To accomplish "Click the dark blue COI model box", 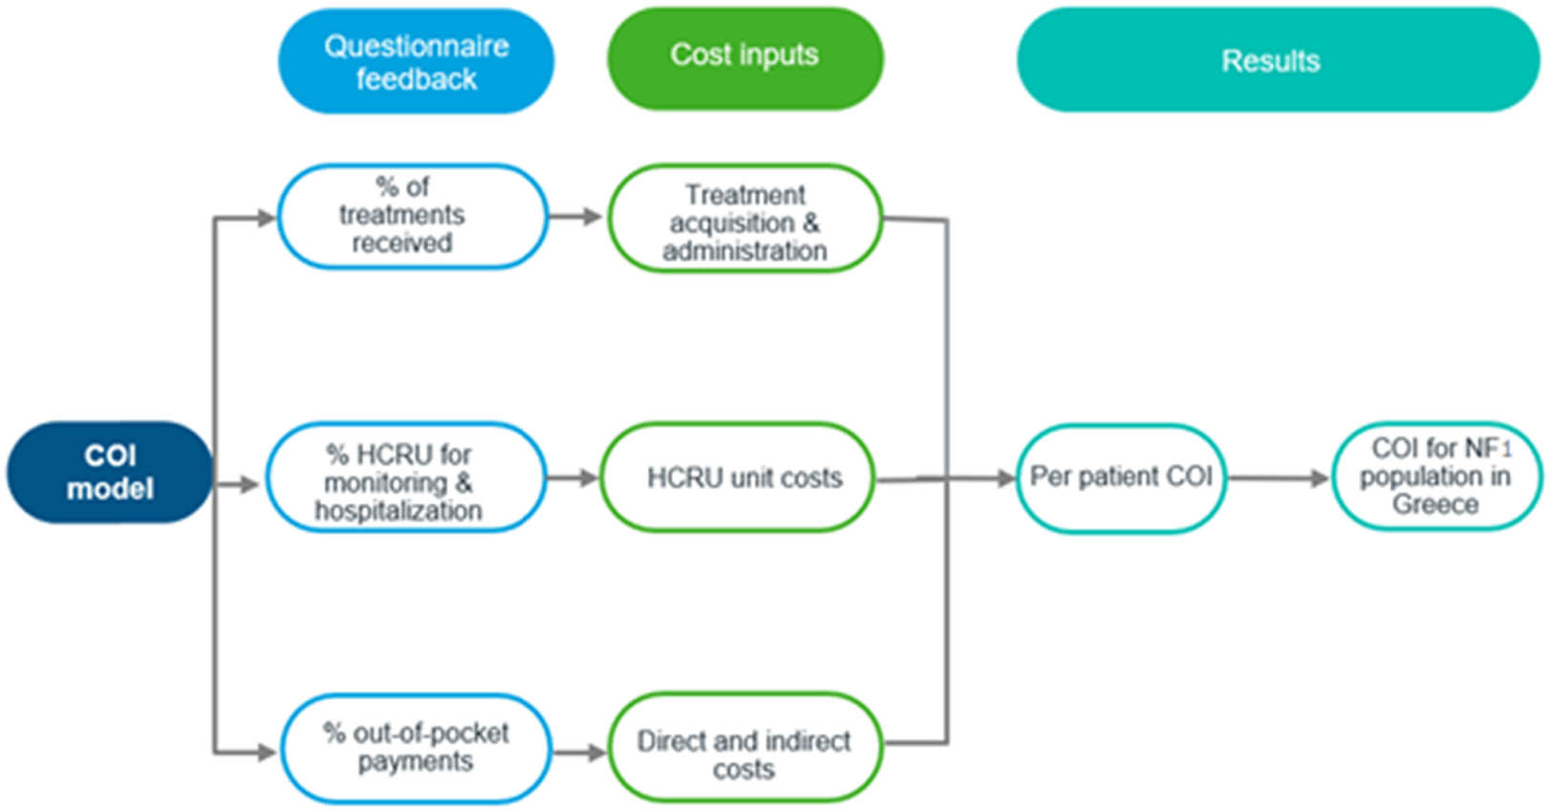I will click(109, 472).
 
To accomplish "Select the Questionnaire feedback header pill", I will click(416, 62).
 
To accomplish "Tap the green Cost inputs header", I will click(744, 57).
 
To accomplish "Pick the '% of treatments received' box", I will click(412, 216).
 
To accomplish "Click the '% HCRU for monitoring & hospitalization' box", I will click(405, 478).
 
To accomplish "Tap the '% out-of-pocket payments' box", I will click(416, 748).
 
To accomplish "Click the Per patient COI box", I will click(1120, 477).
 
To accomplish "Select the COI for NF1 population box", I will click(1435, 477).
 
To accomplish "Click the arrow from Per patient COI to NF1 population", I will click(1279, 478).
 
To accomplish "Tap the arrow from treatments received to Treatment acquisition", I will click(575, 217).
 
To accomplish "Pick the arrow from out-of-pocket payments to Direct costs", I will click(579, 753).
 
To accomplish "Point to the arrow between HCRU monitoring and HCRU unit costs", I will click(572, 478).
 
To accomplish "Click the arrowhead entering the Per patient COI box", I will click(1005, 478).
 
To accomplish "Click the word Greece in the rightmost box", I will click(1434, 504).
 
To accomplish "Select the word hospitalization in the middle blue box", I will click(398, 511).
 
